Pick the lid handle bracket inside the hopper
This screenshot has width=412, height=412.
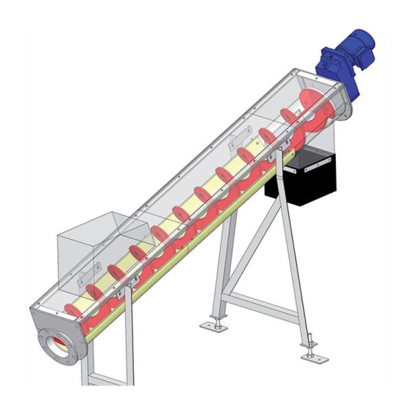(85, 279)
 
